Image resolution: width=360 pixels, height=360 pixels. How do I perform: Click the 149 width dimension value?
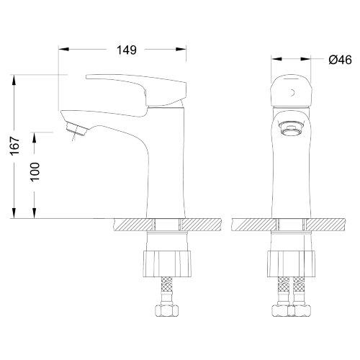(x=127, y=50)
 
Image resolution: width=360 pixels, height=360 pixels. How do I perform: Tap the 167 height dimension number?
(x=15, y=146)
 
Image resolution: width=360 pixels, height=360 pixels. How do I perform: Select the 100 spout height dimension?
(x=35, y=172)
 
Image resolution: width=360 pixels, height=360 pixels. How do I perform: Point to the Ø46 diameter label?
(x=340, y=60)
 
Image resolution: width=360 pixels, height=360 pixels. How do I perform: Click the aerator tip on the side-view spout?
(x=76, y=129)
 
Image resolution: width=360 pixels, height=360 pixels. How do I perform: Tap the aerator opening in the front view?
(x=291, y=129)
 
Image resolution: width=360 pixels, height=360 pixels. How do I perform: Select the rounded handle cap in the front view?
(x=291, y=91)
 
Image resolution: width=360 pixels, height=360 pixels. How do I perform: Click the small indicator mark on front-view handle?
(x=292, y=93)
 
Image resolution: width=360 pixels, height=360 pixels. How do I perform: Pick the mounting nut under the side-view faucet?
(x=167, y=264)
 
